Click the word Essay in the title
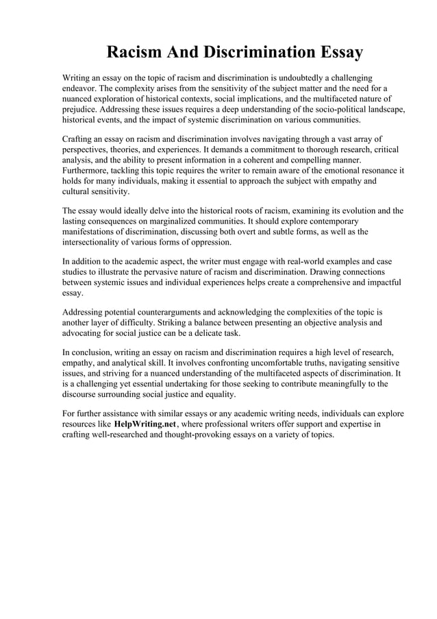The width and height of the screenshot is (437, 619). [x=336, y=52]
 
